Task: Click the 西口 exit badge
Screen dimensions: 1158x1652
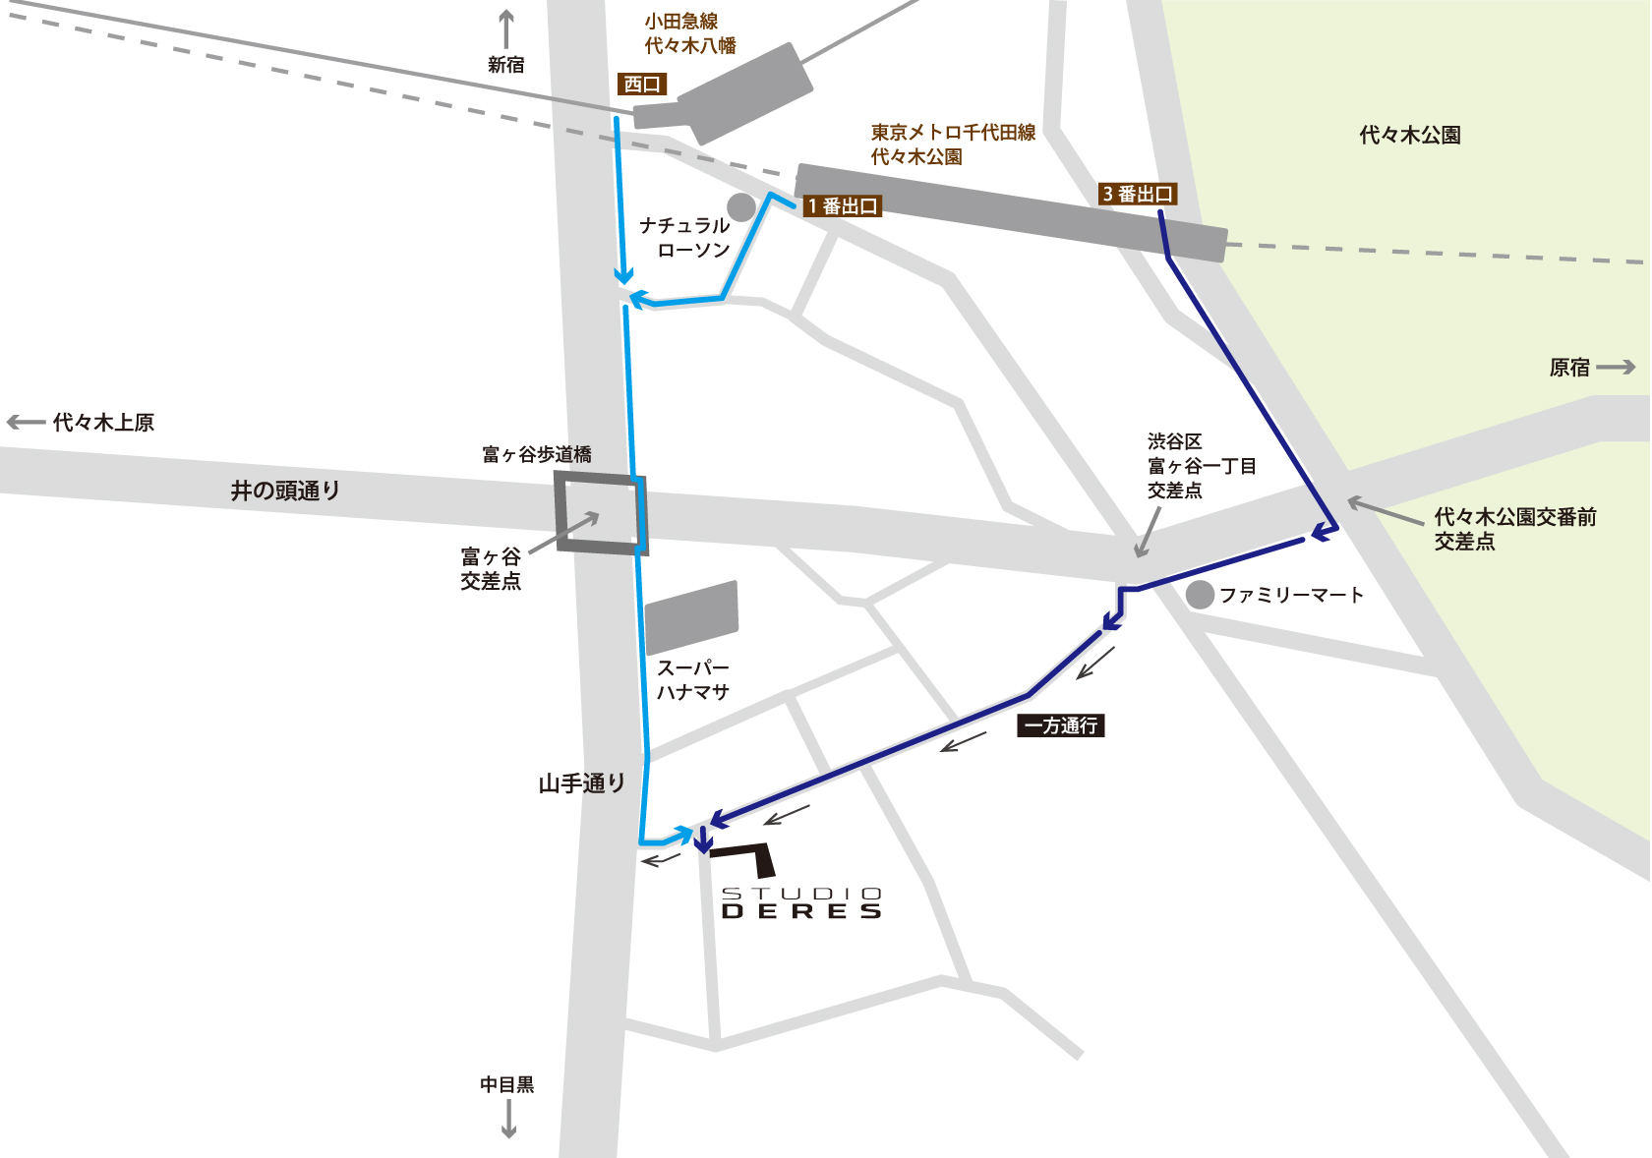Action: coord(642,85)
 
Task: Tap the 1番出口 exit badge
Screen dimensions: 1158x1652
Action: coord(842,206)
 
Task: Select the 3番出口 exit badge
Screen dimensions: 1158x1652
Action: coord(1138,194)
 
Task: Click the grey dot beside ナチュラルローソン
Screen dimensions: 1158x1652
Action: coord(740,207)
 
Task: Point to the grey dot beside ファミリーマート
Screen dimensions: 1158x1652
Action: coord(1200,595)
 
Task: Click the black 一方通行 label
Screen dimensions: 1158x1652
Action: coord(1061,725)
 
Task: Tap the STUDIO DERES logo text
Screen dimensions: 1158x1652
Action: coord(801,902)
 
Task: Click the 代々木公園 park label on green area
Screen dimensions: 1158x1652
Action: coord(1409,136)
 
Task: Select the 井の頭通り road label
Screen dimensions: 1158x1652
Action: coord(285,491)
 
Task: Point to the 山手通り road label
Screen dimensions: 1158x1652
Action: coord(581,783)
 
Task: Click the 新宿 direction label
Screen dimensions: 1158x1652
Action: coord(506,65)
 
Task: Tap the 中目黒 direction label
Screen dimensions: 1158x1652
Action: coord(507,1084)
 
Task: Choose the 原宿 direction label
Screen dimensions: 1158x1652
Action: coord(1569,368)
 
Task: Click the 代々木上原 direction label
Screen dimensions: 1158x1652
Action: coord(103,423)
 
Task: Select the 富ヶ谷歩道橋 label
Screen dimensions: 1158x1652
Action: coord(537,454)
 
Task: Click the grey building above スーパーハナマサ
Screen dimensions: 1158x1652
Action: coord(691,617)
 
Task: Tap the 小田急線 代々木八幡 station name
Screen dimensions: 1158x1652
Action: coord(689,33)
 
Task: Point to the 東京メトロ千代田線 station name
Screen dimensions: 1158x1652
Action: coord(952,144)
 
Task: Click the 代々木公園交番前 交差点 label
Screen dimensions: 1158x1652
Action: coord(1514,529)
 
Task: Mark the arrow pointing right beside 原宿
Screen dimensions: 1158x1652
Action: coord(1616,368)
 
